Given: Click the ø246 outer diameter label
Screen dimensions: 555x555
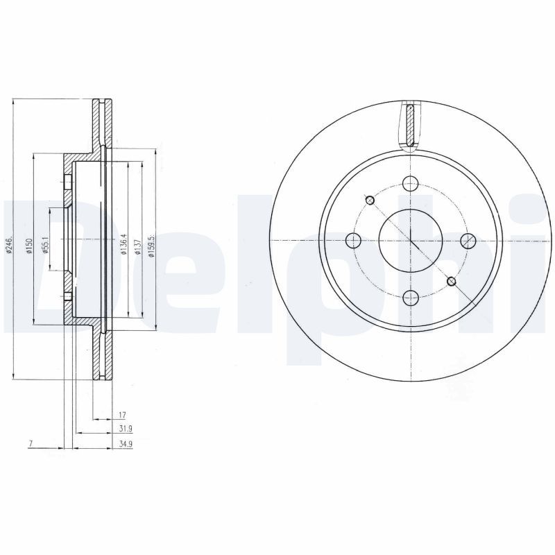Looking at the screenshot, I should (9, 245).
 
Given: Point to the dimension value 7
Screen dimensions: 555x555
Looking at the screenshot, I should (32, 443).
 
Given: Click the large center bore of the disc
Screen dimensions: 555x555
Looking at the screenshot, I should (410, 240).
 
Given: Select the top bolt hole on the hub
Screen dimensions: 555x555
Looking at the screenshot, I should (411, 184).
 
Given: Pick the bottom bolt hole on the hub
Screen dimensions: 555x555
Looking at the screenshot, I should (411, 298).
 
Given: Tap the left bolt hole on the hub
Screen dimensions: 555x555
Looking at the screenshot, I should (354, 241).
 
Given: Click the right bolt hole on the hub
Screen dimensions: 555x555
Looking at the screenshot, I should (468, 241).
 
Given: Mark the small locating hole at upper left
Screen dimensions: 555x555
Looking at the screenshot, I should (370, 200).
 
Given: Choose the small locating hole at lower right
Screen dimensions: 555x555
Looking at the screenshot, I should (452, 281).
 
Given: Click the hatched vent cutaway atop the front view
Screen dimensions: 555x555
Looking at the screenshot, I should (411, 125).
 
